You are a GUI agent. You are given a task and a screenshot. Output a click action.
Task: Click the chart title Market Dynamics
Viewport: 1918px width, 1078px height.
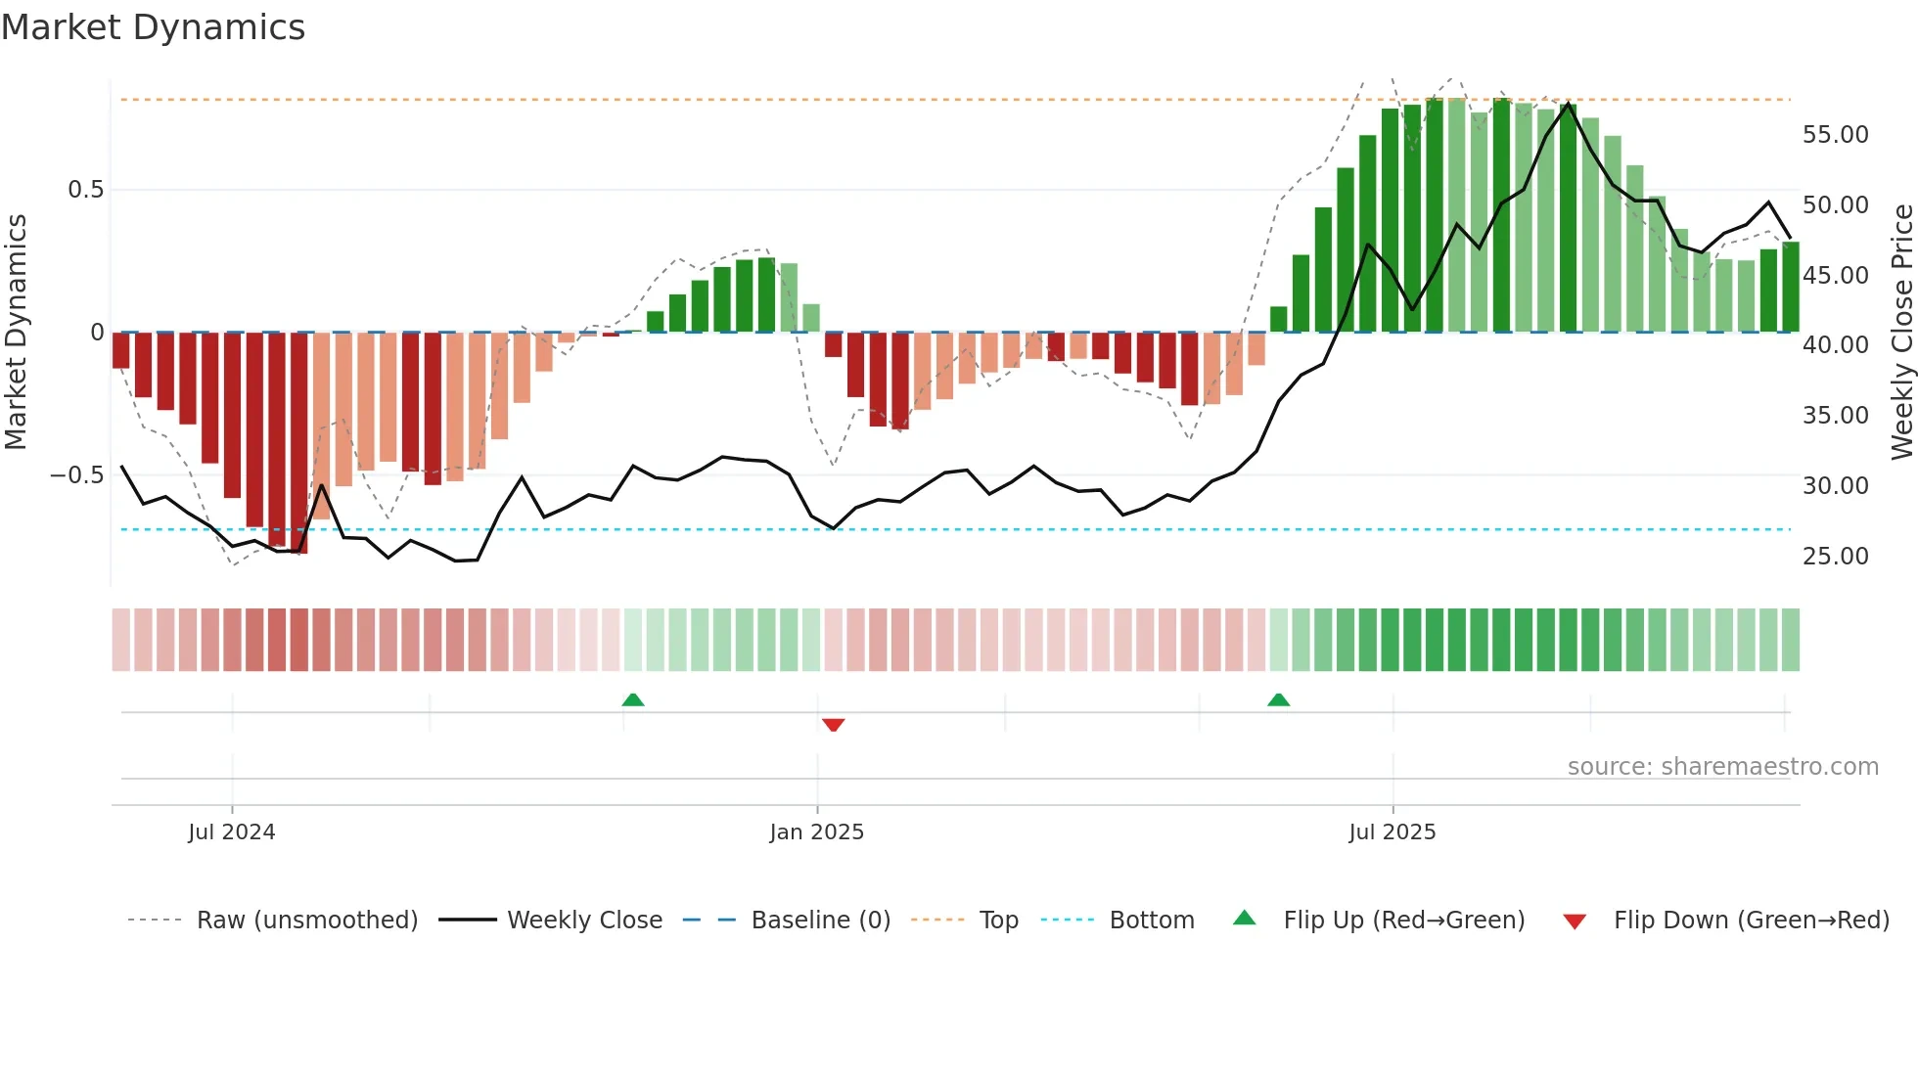coord(153,27)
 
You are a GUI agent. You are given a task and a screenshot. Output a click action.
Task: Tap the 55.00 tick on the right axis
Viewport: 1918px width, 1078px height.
coord(1835,135)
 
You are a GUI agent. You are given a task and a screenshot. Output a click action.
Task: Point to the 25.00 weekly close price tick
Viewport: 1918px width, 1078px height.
coord(1835,557)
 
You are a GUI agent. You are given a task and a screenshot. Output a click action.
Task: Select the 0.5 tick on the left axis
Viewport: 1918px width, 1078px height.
coord(85,190)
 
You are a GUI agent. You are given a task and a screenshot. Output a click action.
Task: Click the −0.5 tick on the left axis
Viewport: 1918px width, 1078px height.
coord(77,475)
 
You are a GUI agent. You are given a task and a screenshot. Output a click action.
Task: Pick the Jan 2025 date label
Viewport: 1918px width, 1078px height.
coord(816,832)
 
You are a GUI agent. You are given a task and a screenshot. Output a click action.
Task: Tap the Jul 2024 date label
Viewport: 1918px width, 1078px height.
coord(232,832)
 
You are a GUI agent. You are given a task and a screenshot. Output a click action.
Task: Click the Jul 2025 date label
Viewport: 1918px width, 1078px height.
coord(1392,832)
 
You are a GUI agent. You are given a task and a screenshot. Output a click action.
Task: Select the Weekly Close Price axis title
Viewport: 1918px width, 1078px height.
coord(1901,332)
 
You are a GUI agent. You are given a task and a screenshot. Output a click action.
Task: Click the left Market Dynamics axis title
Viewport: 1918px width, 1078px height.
coord(16,332)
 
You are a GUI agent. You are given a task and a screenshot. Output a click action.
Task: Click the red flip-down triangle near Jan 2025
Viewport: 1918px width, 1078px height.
coord(833,725)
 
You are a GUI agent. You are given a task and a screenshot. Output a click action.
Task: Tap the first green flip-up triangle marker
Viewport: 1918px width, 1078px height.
coord(633,699)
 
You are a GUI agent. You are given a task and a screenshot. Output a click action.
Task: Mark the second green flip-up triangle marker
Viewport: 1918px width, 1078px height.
coord(1278,699)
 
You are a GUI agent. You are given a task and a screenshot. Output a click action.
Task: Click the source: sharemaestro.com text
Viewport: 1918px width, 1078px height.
coord(1722,767)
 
